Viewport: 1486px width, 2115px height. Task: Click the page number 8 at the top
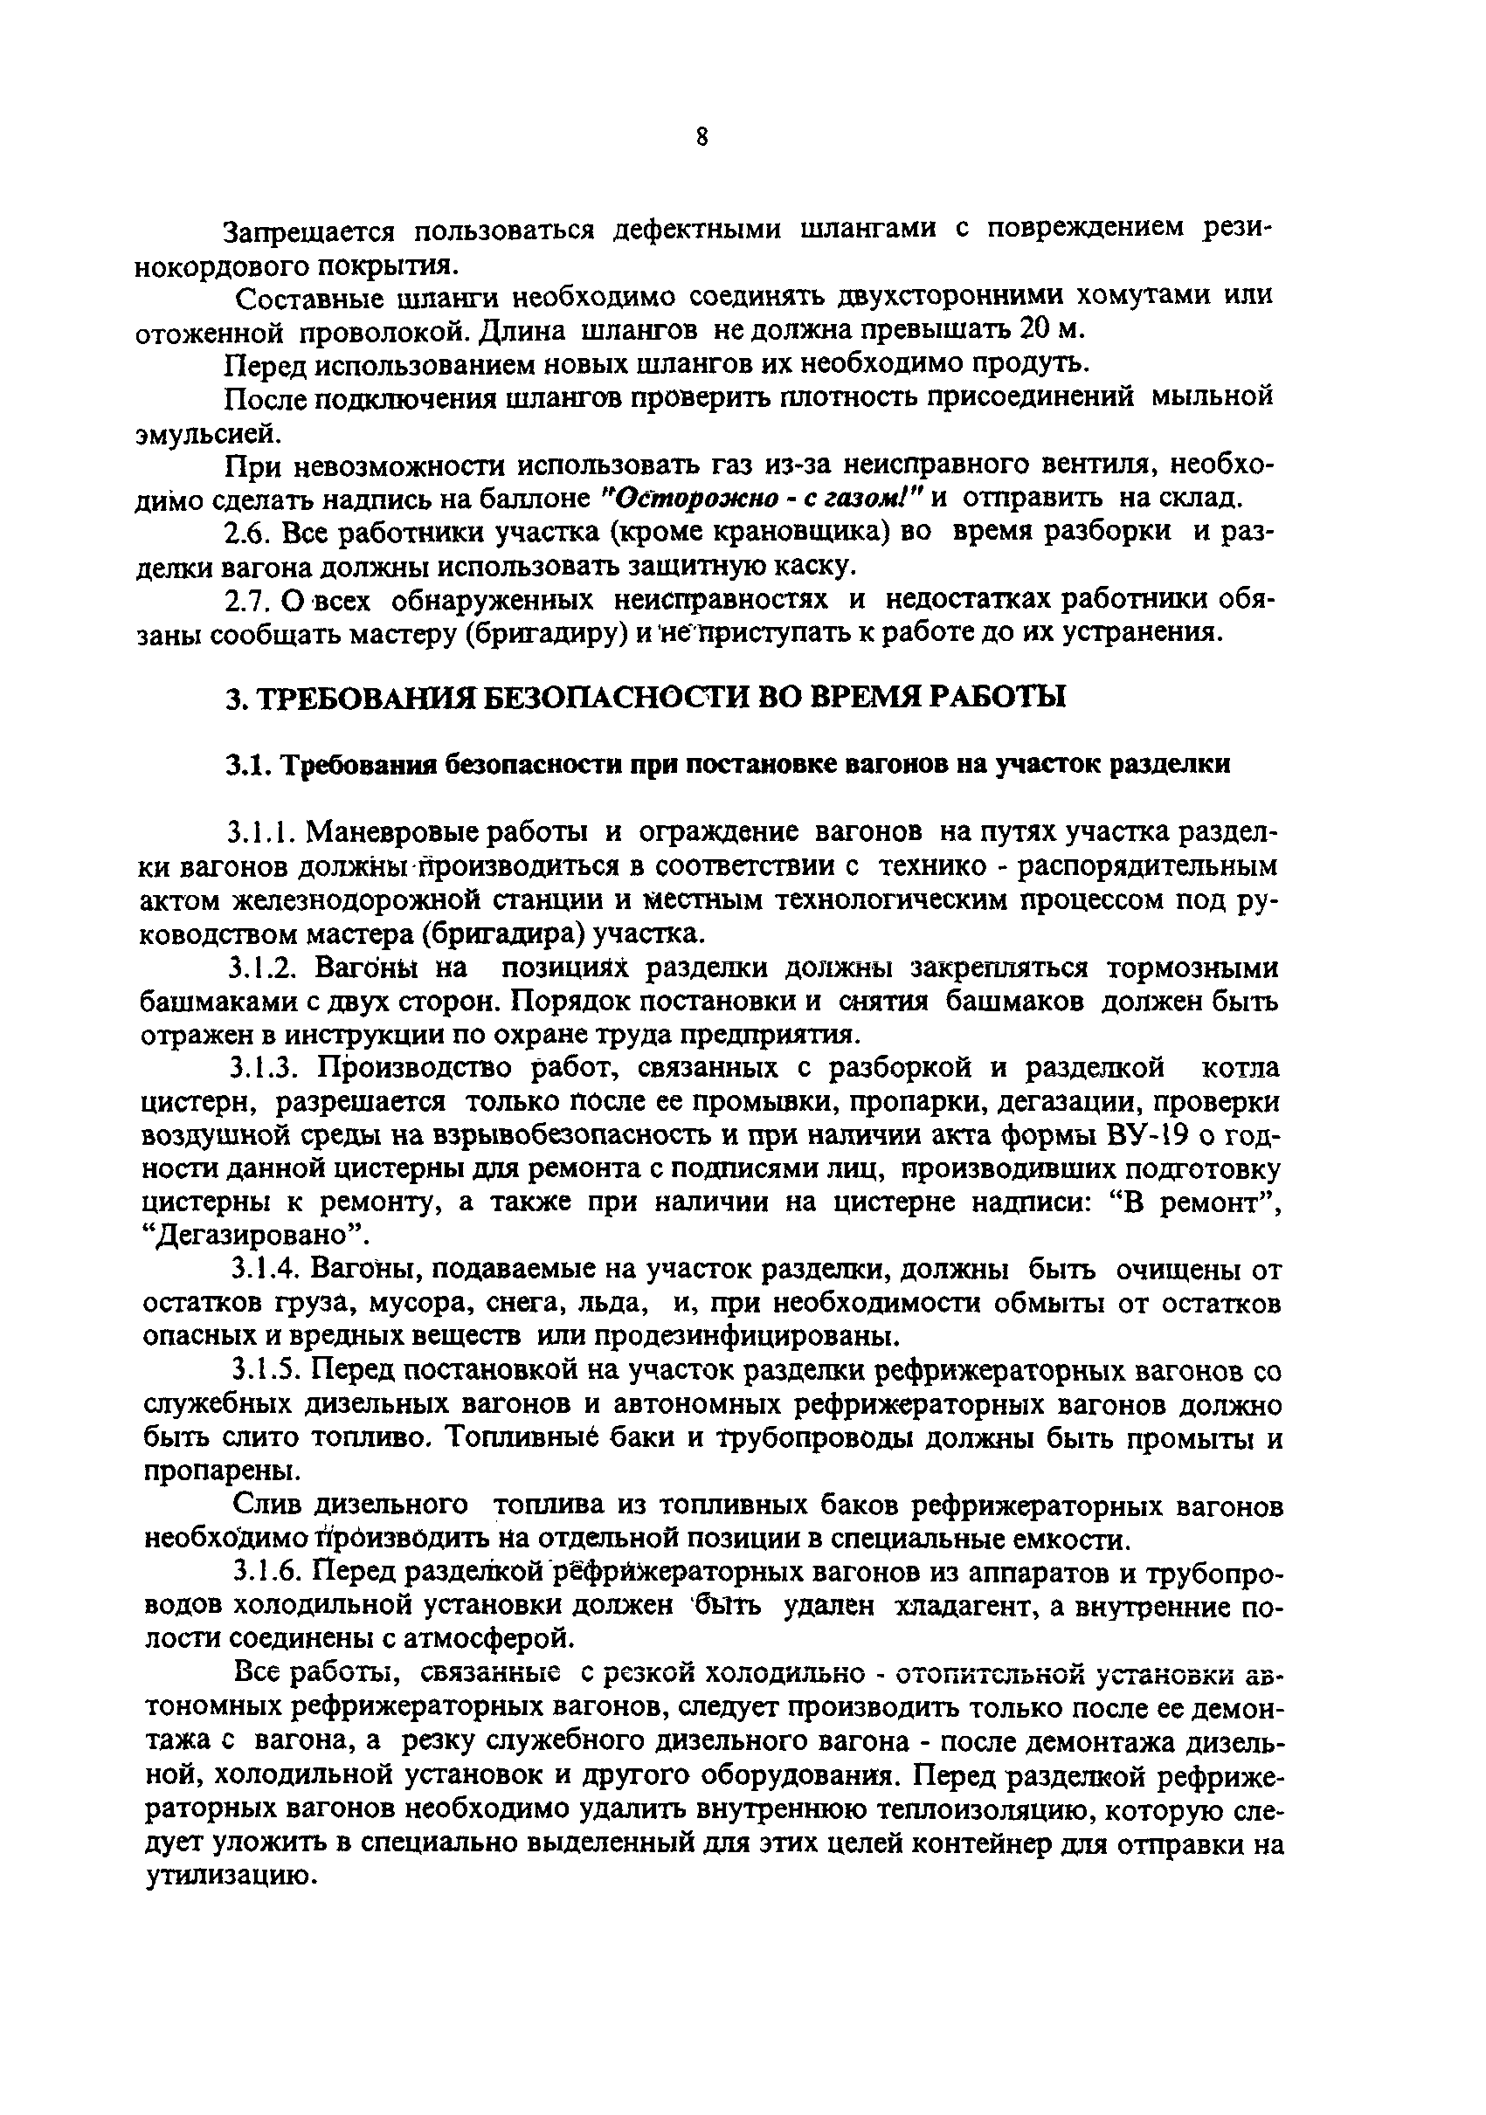tap(702, 137)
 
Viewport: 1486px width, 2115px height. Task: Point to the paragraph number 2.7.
tap(245, 601)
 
